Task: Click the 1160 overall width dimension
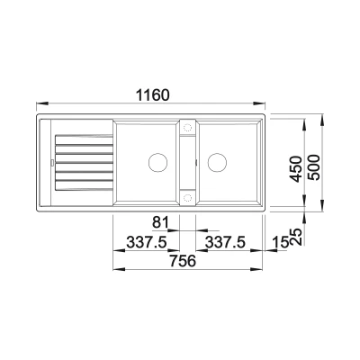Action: click(153, 94)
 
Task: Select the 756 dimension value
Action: click(183, 260)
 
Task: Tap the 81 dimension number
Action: click(160, 222)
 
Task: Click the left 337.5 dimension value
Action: click(147, 242)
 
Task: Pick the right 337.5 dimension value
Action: click(225, 242)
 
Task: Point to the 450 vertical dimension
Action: click(297, 168)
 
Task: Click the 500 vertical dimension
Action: click(314, 167)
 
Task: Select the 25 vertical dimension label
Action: click(297, 237)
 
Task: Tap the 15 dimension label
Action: click(281, 242)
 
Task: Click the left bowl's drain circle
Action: click(157, 162)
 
